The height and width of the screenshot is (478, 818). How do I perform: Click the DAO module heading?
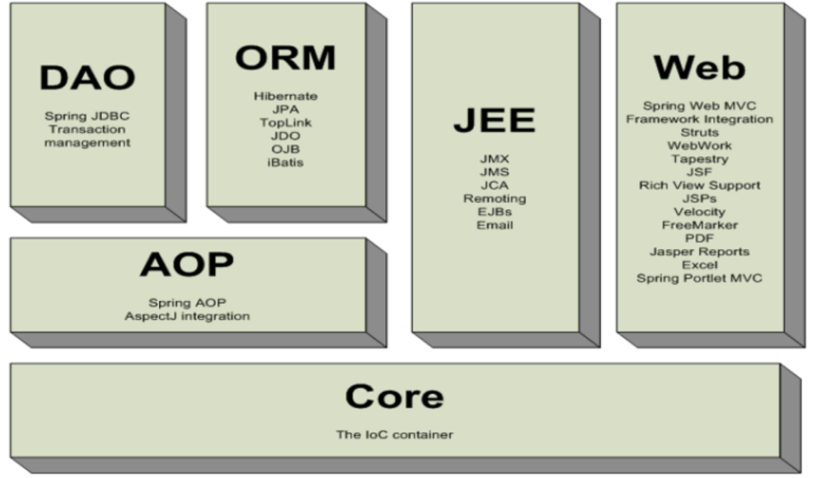click(87, 78)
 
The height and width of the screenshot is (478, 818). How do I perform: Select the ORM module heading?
click(285, 57)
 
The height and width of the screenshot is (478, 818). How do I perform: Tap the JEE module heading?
click(493, 121)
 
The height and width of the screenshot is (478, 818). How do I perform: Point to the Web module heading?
click(699, 67)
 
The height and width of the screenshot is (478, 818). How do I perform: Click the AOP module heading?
click(187, 264)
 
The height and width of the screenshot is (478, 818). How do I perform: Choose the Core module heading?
click(394, 396)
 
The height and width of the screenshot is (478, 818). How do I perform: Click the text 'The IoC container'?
click(394, 435)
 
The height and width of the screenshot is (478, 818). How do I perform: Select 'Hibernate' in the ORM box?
click(285, 96)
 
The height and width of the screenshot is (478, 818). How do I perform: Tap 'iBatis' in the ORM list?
click(285, 163)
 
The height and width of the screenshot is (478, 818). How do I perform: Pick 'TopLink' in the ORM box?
click(285, 122)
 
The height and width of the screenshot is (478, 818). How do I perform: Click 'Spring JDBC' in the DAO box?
click(88, 116)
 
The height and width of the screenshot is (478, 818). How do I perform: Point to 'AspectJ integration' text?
click(187, 316)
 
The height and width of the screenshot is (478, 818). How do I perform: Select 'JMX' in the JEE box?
click(493, 158)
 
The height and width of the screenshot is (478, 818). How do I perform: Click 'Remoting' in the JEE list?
click(493, 198)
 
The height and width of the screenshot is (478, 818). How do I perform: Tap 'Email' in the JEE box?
click(493, 225)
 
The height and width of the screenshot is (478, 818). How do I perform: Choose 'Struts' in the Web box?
click(699, 132)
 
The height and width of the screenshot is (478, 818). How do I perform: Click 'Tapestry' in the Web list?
click(699, 159)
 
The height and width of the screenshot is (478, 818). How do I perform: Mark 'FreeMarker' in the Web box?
click(699, 225)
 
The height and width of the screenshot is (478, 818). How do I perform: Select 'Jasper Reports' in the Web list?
click(699, 252)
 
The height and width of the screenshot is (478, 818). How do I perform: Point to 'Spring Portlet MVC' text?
click(699, 279)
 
